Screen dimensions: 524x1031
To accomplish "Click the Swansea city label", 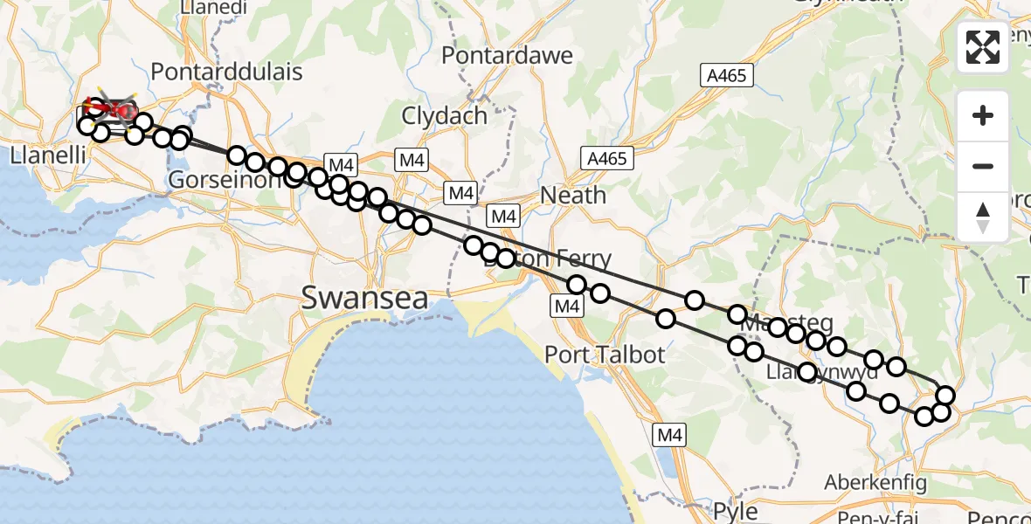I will click(x=365, y=299).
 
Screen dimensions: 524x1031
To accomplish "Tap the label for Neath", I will click(x=573, y=195).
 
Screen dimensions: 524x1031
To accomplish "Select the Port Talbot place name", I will click(x=605, y=355).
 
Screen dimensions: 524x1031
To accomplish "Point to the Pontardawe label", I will click(x=507, y=56).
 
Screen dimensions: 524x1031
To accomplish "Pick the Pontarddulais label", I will click(x=226, y=71).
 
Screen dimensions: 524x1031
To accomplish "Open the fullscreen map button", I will click(x=983, y=47).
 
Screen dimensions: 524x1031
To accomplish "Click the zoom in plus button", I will click(x=983, y=115).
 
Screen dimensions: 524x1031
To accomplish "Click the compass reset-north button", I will click(x=983, y=217).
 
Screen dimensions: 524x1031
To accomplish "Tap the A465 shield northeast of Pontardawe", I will click(x=727, y=76).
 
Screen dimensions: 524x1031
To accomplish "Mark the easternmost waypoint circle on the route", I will click(x=945, y=396).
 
